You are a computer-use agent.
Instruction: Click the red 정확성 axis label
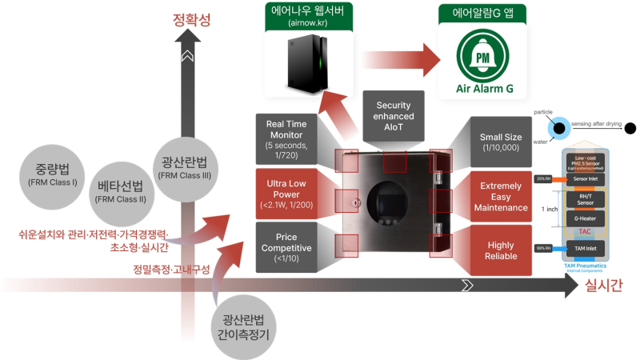point(192,20)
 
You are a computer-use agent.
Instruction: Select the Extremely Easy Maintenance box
point(500,197)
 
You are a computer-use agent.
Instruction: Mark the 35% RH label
point(541,178)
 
